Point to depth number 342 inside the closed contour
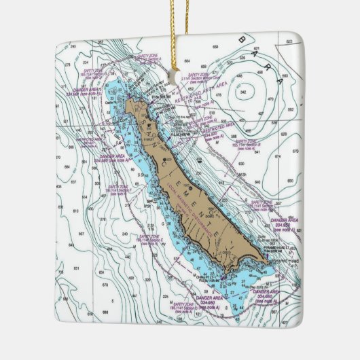pos(249,88)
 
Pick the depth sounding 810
pos(75,211)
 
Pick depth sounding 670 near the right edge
pos(294,150)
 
